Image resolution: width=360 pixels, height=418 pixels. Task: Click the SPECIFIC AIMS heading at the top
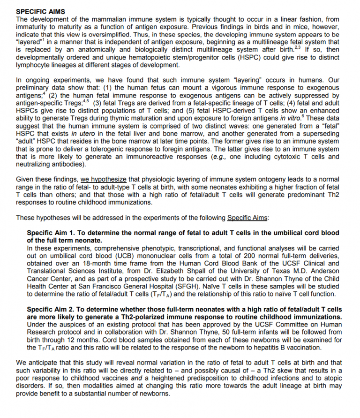pyautogui.click(x=41, y=11)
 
